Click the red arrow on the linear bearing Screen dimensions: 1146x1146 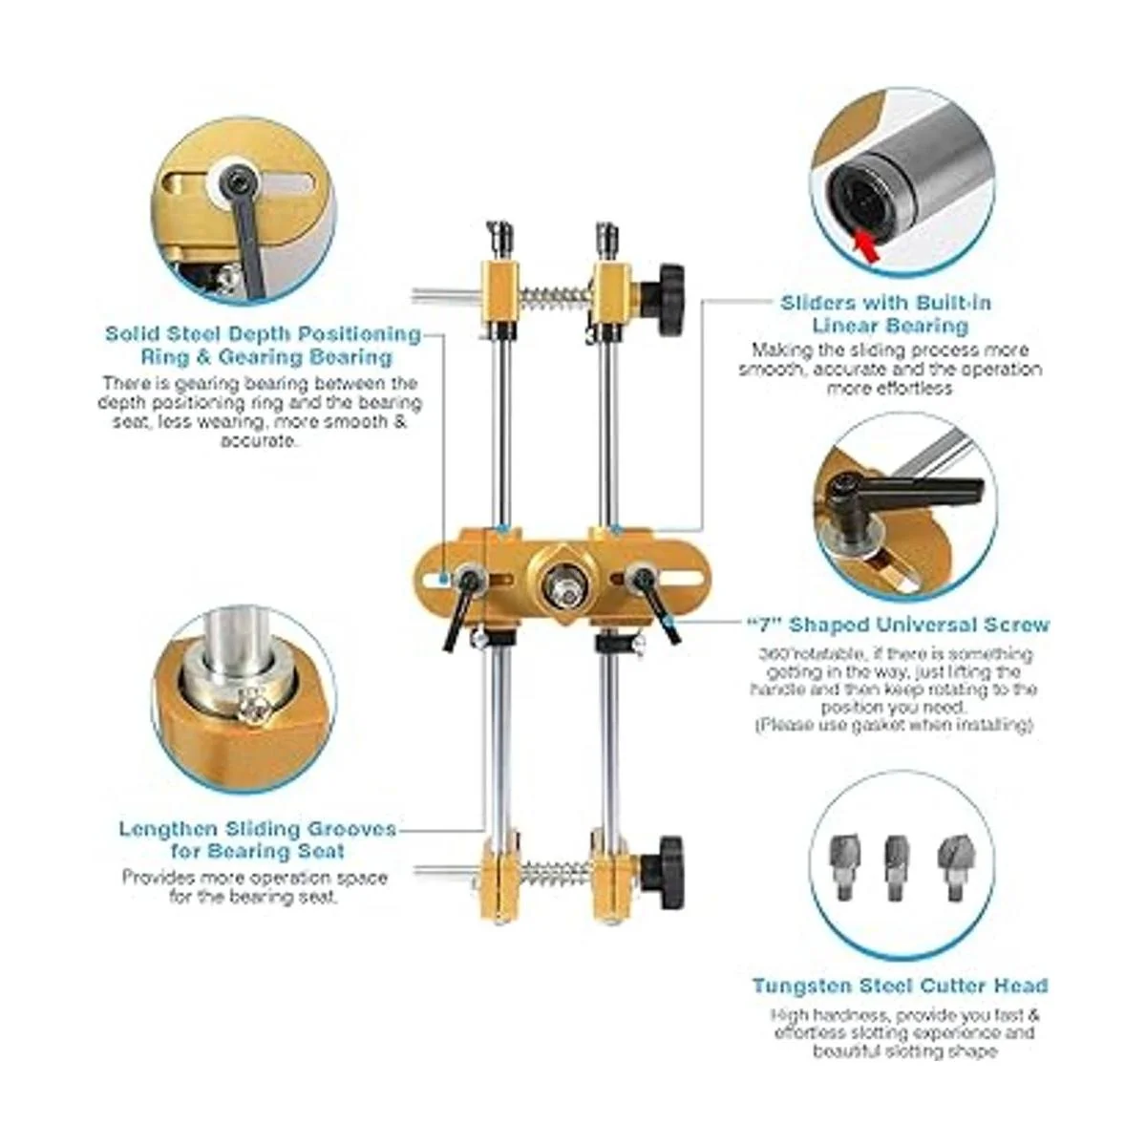[867, 245]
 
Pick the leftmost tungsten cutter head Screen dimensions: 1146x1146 [842, 866]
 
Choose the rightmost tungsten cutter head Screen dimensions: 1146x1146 [951, 866]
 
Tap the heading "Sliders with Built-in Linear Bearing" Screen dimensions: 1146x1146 [886, 314]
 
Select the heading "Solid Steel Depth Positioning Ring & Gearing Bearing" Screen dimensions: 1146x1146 [264, 345]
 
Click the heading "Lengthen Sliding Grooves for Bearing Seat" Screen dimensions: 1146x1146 [258, 839]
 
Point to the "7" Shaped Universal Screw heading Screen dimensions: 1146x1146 [899, 625]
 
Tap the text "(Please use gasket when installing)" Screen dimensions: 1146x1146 [894, 726]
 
